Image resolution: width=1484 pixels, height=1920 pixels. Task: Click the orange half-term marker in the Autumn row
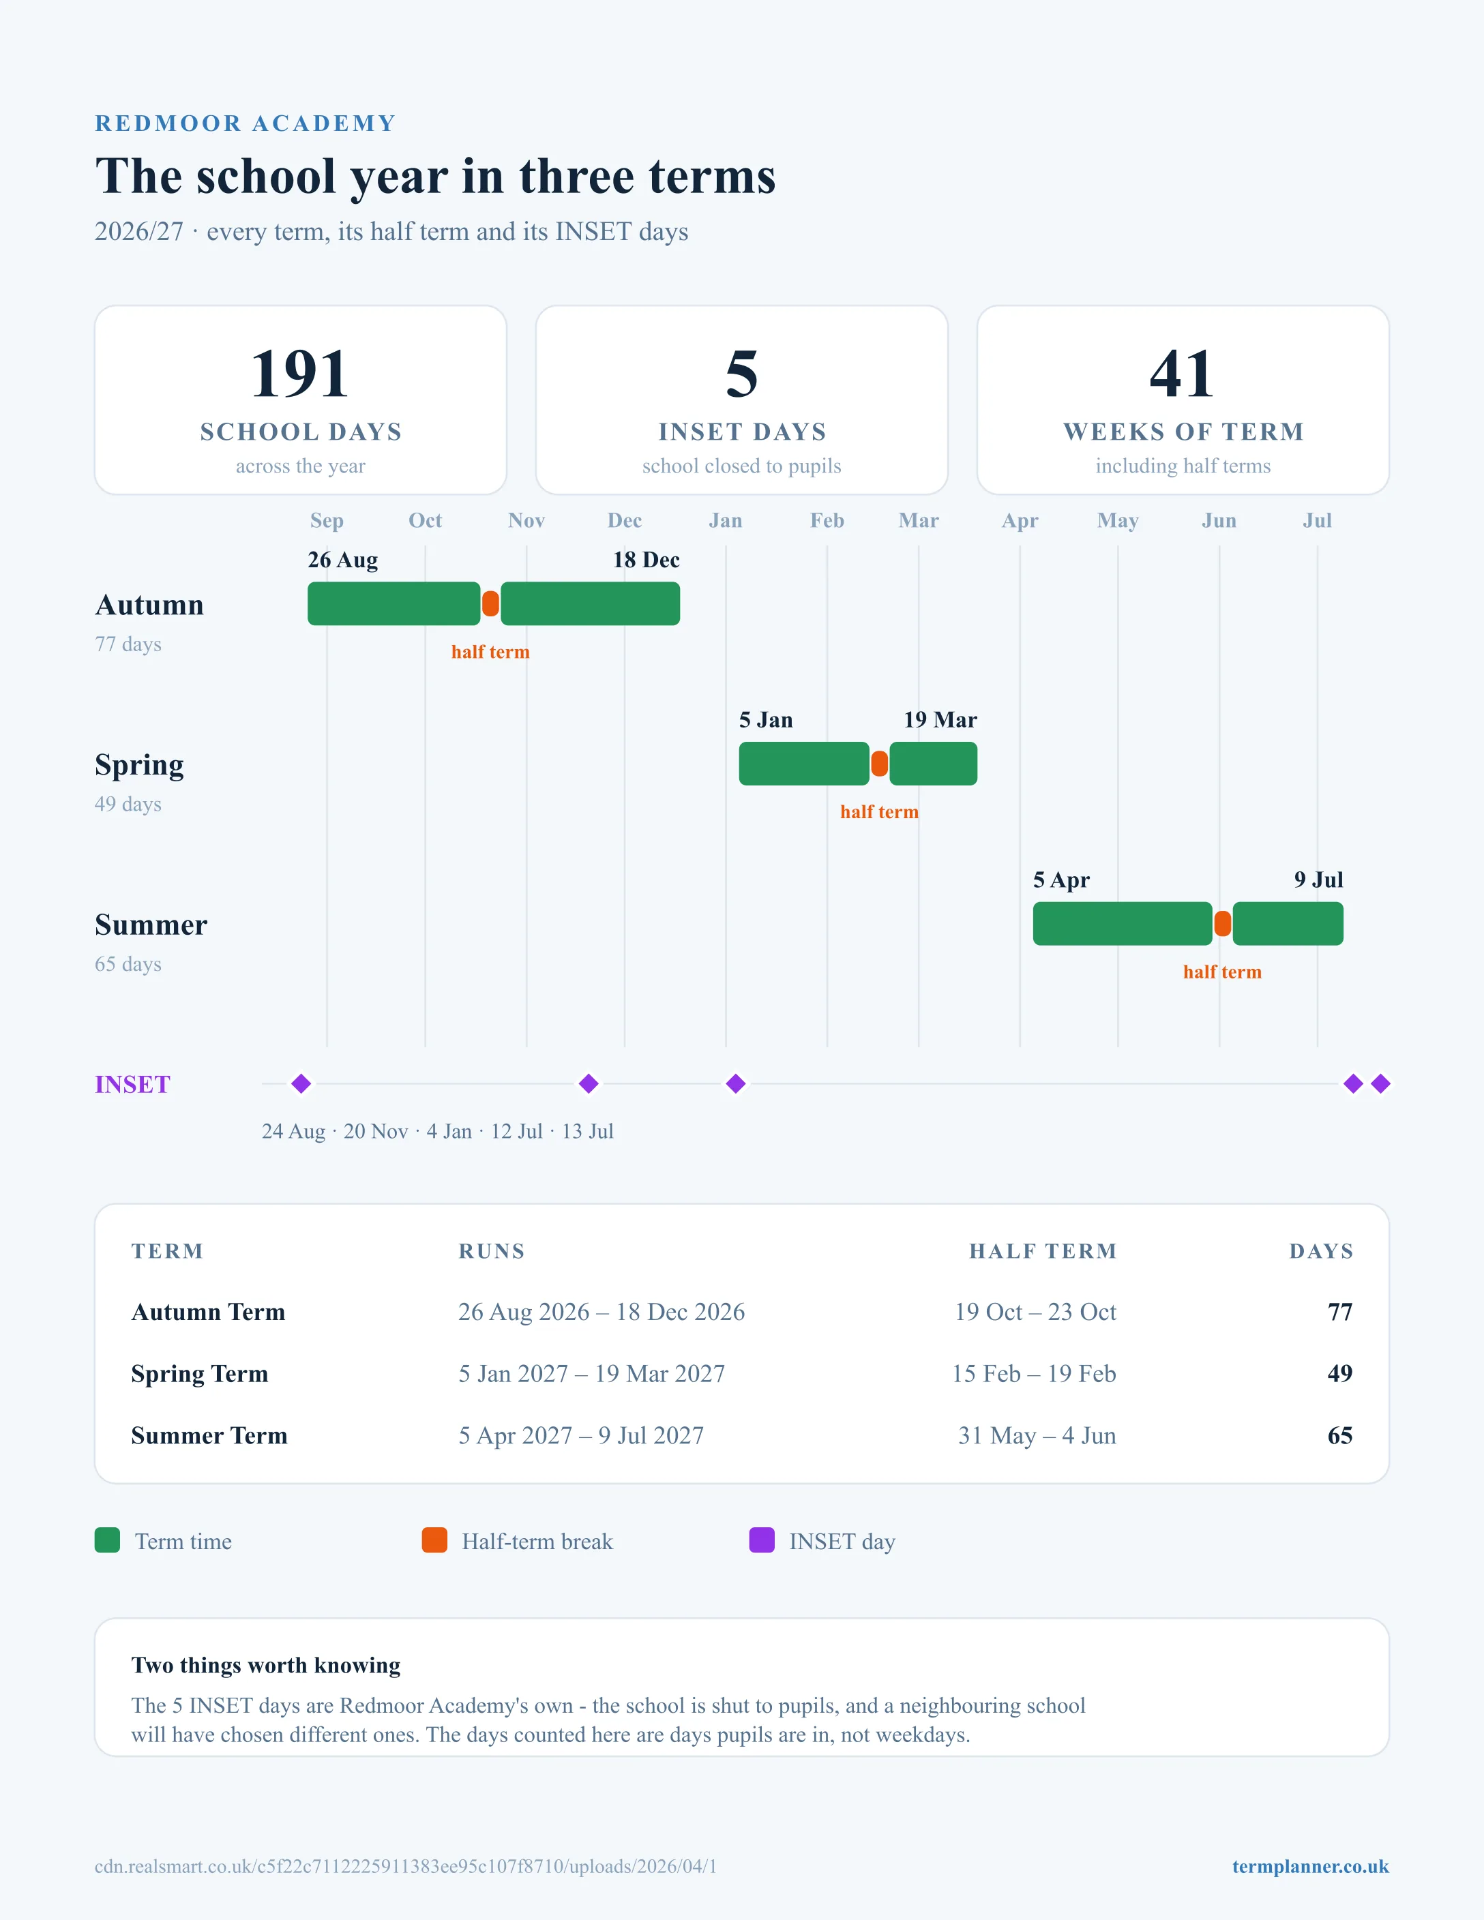(x=490, y=603)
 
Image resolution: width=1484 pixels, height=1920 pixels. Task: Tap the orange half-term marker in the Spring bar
(x=879, y=763)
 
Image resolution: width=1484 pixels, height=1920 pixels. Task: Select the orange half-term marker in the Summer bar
(x=1222, y=923)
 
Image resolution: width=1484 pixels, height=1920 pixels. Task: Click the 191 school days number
(x=300, y=374)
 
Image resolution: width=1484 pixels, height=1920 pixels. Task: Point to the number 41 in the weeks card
(x=1183, y=374)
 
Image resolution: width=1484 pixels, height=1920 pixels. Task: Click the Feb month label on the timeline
(x=827, y=520)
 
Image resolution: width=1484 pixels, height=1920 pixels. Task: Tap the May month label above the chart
(x=1117, y=520)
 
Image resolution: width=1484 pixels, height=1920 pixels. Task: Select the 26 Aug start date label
(x=343, y=560)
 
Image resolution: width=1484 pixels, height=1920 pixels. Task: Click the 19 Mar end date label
(x=940, y=720)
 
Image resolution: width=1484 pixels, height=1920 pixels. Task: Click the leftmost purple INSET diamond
(x=301, y=1083)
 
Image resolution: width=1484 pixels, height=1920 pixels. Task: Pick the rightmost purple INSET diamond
(x=1380, y=1083)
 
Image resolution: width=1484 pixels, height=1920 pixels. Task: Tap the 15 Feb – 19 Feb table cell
(x=1034, y=1373)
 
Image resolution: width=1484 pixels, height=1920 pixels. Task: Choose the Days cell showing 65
(x=1340, y=1436)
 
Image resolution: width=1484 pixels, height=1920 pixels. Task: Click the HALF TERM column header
(x=1043, y=1251)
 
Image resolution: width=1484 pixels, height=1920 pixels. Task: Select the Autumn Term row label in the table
(x=209, y=1312)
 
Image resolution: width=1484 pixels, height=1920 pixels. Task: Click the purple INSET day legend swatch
(x=761, y=1540)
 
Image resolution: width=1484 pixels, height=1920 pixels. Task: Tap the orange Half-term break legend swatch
(x=434, y=1540)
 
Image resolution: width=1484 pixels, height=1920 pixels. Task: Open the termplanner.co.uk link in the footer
(x=1310, y=1866)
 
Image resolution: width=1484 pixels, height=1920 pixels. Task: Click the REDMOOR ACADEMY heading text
(x=246, y=123)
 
